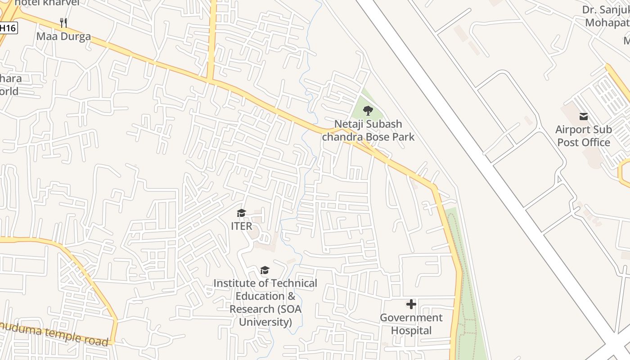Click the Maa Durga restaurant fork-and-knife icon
(63, 22)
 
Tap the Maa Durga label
(63, 36)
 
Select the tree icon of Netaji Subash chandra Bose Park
(368, 110)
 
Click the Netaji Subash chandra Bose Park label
(368, 130)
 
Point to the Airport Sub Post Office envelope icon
(584, 117)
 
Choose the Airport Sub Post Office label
(584, 136)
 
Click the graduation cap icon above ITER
(242, 213)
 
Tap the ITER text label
(242, 226)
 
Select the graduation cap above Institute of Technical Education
(265, 270)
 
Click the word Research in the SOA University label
(252, 309)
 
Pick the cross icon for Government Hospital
(411, 304)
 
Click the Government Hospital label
(411, 324)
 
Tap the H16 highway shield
(8, 28)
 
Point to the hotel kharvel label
(47, 3)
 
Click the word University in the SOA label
(265, 322)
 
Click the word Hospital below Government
(411, 331)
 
